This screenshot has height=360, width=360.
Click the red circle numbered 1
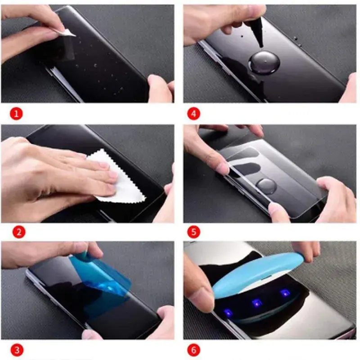(x=16, y=113)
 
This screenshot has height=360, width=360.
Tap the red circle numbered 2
(x=19, y=232)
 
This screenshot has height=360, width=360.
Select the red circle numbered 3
(x=17, y=350)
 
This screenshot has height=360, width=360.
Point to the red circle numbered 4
(x=193, y=113)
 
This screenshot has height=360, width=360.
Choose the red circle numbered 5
(x=193, y=232)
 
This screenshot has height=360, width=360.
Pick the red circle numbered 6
(x=193, y=350)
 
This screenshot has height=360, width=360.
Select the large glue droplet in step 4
(x=264, y=63)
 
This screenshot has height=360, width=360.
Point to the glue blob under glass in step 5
(x=266, y=186)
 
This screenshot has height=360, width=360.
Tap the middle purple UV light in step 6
(x=257, y=303)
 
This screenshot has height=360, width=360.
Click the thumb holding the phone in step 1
(x=160, y=88)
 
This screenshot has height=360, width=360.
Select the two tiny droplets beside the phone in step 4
(x=297, y=41)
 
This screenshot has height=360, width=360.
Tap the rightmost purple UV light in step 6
(x=285, y=293)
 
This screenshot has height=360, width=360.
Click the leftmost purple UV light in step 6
(x=228, y=313)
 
